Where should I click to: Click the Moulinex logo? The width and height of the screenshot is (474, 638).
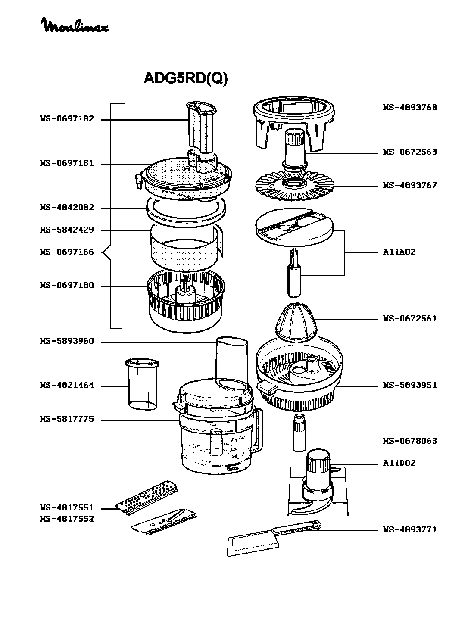click(x=75, y=25)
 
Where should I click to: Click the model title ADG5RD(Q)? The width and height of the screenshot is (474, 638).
click(x=186, y=78)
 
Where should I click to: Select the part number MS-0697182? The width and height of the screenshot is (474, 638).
click(x=67, y=119)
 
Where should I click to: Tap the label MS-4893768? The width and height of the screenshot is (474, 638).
click(x=410, y=108)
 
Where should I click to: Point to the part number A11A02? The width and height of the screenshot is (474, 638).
click(x=399, y=252)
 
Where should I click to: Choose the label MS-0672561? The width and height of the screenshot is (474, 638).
click(x=410, y=319)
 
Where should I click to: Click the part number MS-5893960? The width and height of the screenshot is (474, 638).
click(x=67, y=341)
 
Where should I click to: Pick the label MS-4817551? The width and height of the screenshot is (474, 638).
click(x=67, y=508)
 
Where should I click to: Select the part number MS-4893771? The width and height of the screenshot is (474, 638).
click(x=410, y=529)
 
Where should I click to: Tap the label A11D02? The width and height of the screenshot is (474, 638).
click(x=399, y=463)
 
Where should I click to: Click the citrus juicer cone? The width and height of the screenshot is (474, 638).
click(x=296, y=323)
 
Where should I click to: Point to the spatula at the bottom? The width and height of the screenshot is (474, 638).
click(x=274, y=538)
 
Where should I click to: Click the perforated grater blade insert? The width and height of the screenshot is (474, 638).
click(x=147, y=497)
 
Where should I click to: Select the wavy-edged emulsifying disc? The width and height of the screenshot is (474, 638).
click(x=295, y=186)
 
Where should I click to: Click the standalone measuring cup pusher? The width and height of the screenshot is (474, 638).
click(x=142, y=384)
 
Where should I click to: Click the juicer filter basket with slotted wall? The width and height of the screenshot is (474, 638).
click(x=186, y=301)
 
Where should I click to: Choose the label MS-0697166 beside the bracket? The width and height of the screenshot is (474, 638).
click(x=67, y=252)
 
